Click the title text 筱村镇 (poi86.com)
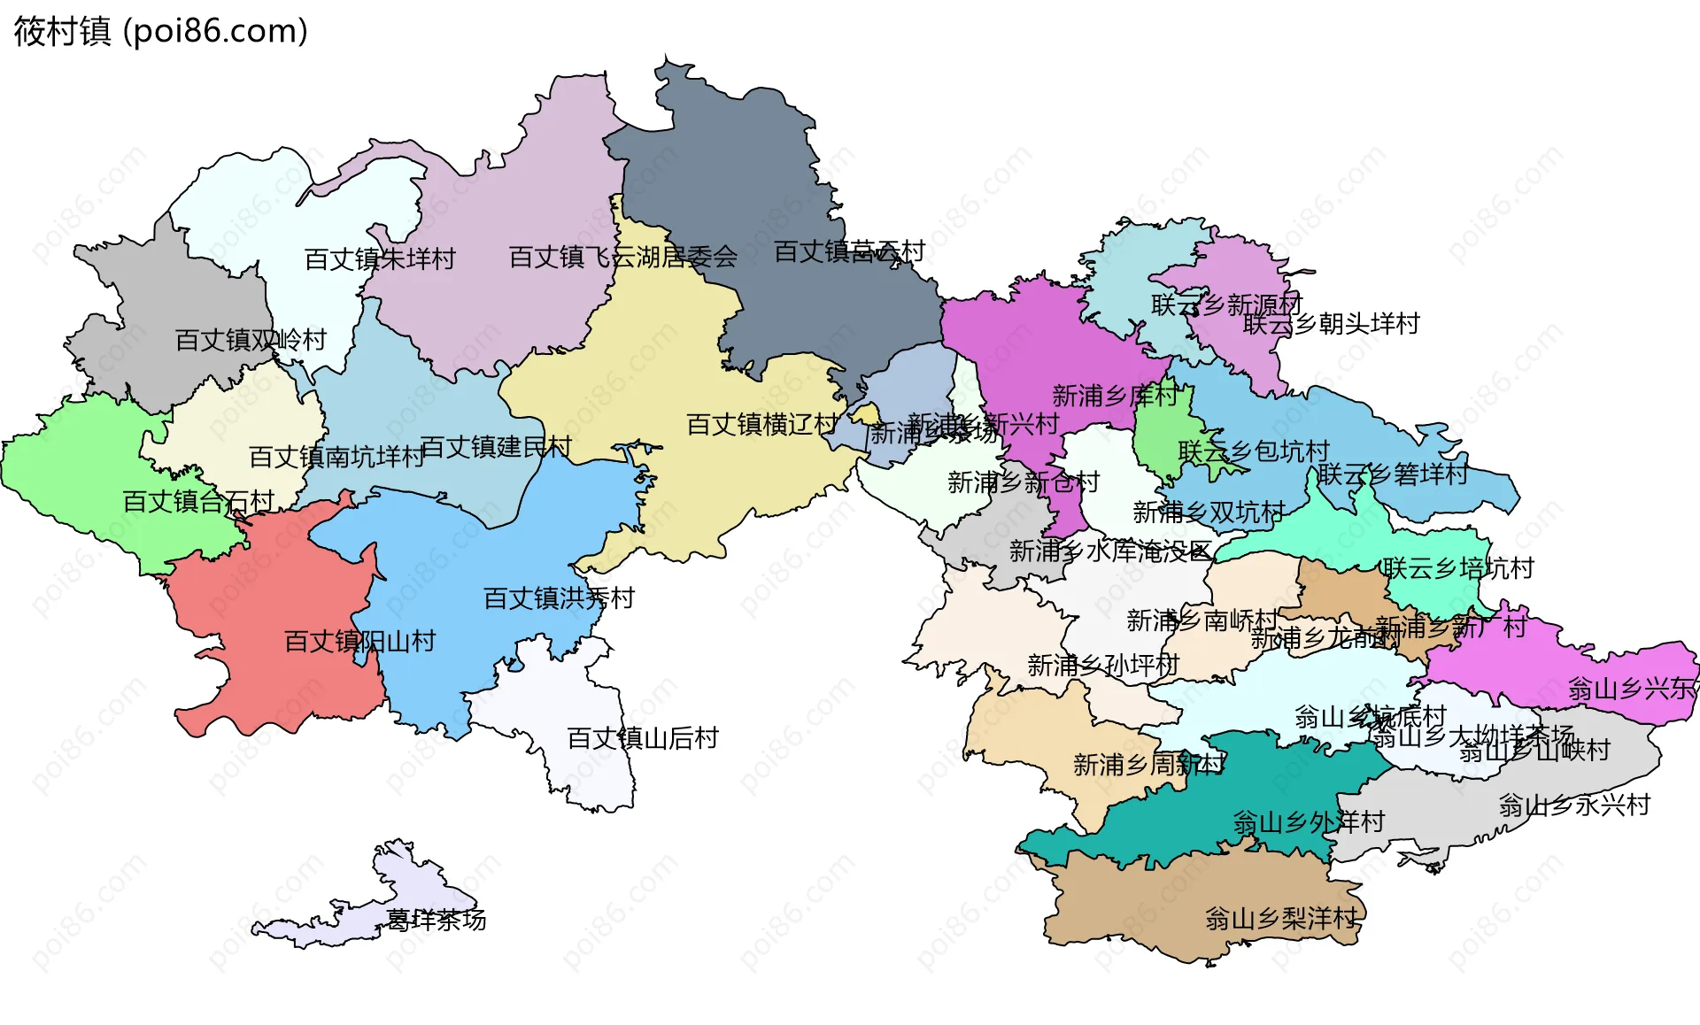(x=160, y=31)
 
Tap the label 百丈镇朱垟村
(x=380, y=259)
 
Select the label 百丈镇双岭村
(x=251, y=340)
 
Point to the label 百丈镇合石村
(x=198, y=502)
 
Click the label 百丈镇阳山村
(x=359, y=642)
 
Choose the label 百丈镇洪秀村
(x=559, y=599)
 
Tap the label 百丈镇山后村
(x=642, y=738)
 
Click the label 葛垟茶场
(x=437, y=921)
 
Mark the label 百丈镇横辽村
(x=761, y=425)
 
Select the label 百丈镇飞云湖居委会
(x=622, y=258)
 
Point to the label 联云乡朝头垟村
(x=1331, y=324)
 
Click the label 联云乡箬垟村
(x=1393, y=474)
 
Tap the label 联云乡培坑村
(x=1458, y=568)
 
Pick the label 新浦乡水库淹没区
(x=1110, y=551)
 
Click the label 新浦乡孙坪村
(x=1103, y=665)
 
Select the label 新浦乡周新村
(x=1148, y=765)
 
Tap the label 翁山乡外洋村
(x=1309, y=822)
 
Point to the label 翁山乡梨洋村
(x=1280, y=919)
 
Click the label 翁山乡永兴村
(x=1574, y=805)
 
